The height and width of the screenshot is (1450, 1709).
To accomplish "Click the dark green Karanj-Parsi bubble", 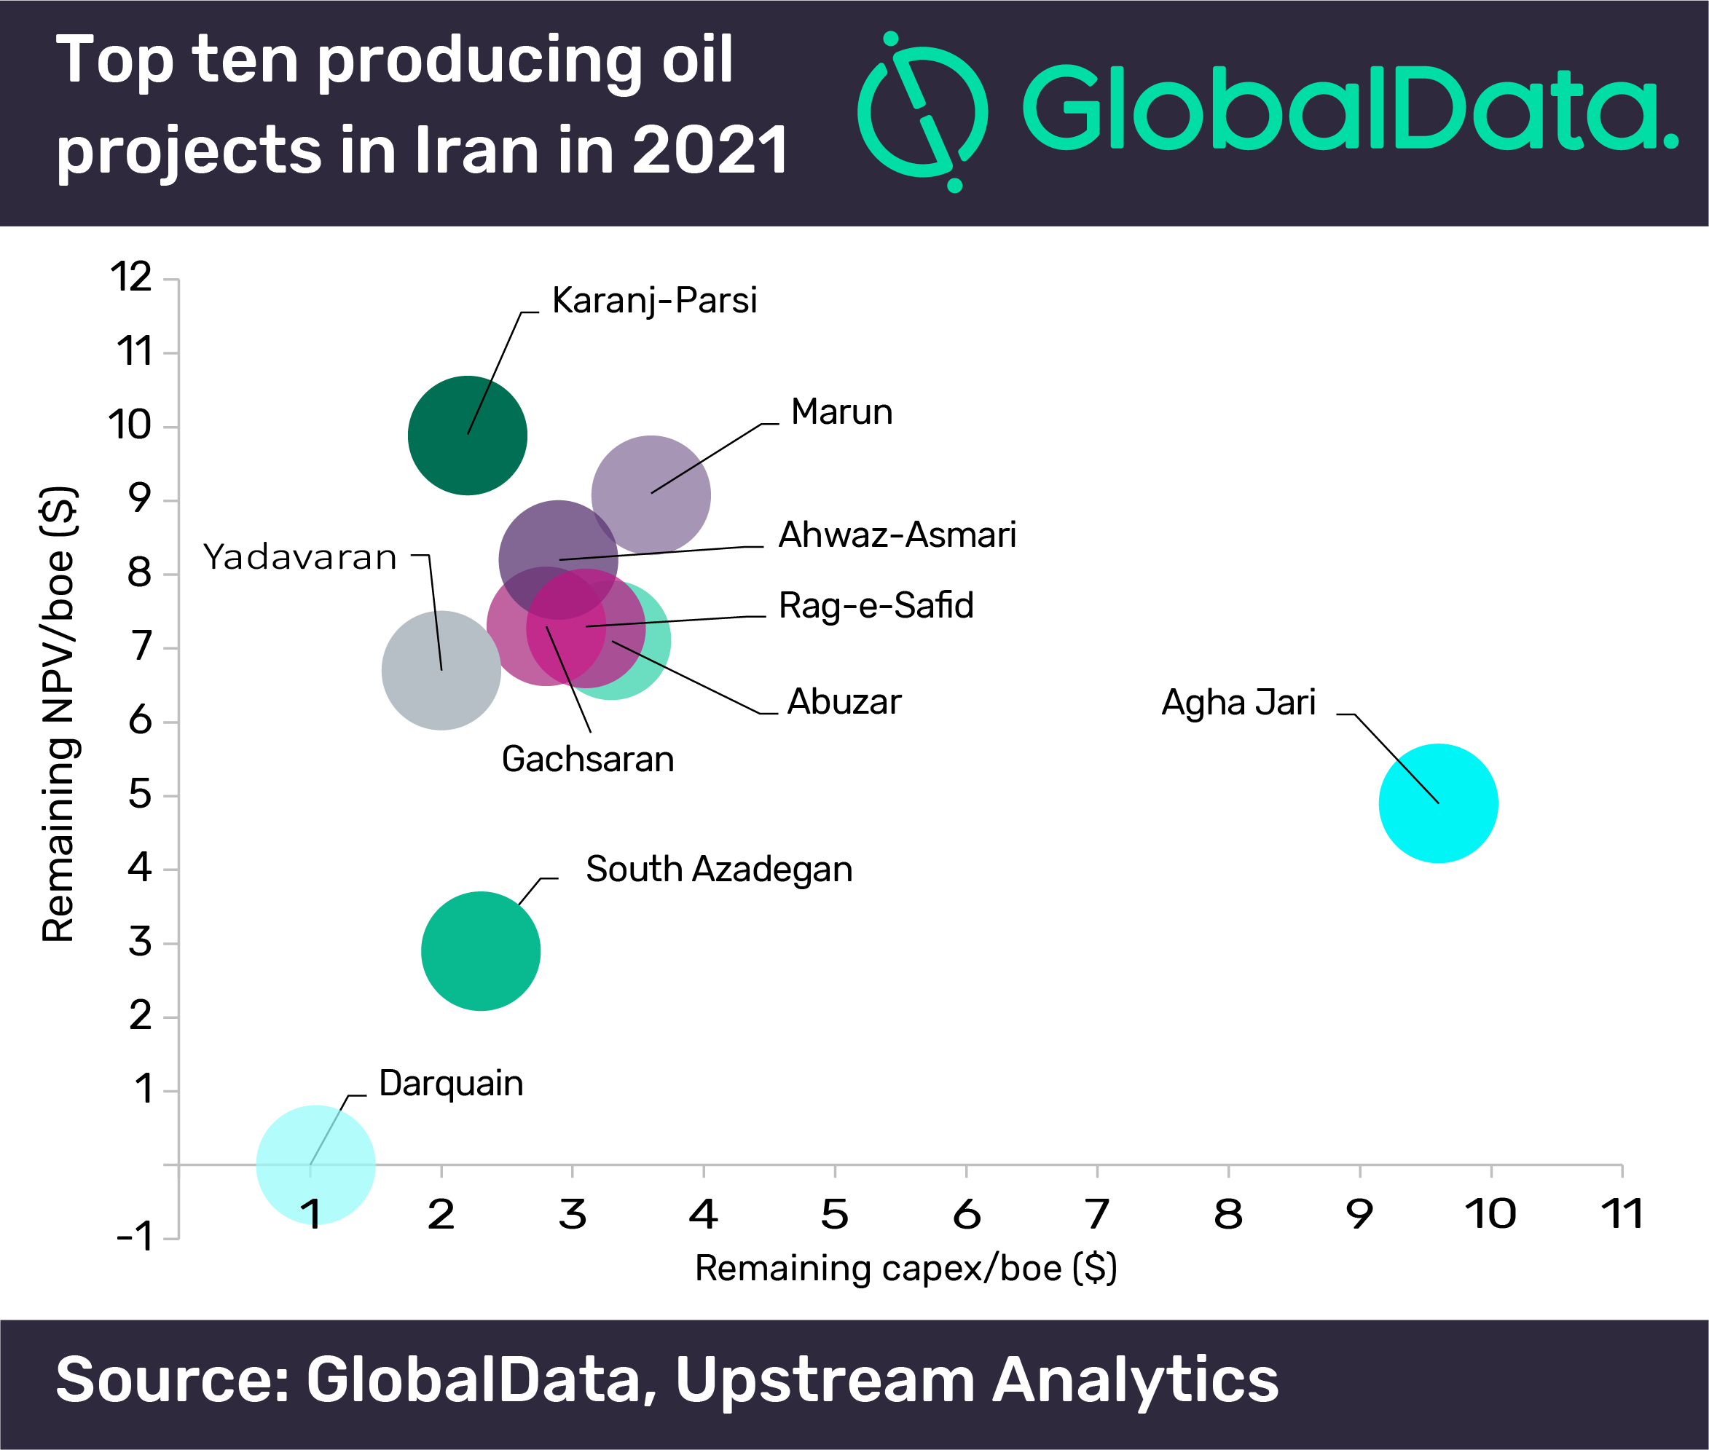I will [x=467, y=435].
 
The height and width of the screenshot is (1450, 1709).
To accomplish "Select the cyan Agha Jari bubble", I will [x=1438, y=803].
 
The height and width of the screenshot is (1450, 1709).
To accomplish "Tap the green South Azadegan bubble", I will [x=480, y=951].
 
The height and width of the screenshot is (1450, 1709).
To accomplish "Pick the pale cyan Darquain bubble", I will [x=315, y=1165].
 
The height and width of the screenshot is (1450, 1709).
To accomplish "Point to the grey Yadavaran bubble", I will [x=441, y=671].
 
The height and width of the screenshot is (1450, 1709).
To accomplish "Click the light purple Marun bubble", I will [x=651, y=495].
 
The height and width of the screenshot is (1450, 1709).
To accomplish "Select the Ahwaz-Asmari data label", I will [x=897, y=535].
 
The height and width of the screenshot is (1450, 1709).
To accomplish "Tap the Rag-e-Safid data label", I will [x=876, y=606].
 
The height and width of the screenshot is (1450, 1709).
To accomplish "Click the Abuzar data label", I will [x=844, y=702].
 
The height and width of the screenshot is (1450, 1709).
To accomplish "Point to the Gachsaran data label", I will [x=588, y=760].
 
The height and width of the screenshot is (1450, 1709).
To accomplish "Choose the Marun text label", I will [x=841, y=411].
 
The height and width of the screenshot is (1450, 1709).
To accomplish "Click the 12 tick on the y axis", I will [x=132, y=277].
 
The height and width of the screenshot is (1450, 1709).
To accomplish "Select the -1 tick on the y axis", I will [x=134, y=1237].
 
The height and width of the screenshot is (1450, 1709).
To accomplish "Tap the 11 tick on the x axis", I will [x=1622, y=1214].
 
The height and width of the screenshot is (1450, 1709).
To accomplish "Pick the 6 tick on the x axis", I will [x=966, y=1214].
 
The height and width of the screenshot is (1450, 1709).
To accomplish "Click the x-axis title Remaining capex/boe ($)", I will [x=905, y=1269].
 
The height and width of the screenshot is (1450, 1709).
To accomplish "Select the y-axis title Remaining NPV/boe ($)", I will [x=59, y=714].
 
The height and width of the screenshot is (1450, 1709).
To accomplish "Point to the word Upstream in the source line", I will [x=825, y=1380].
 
